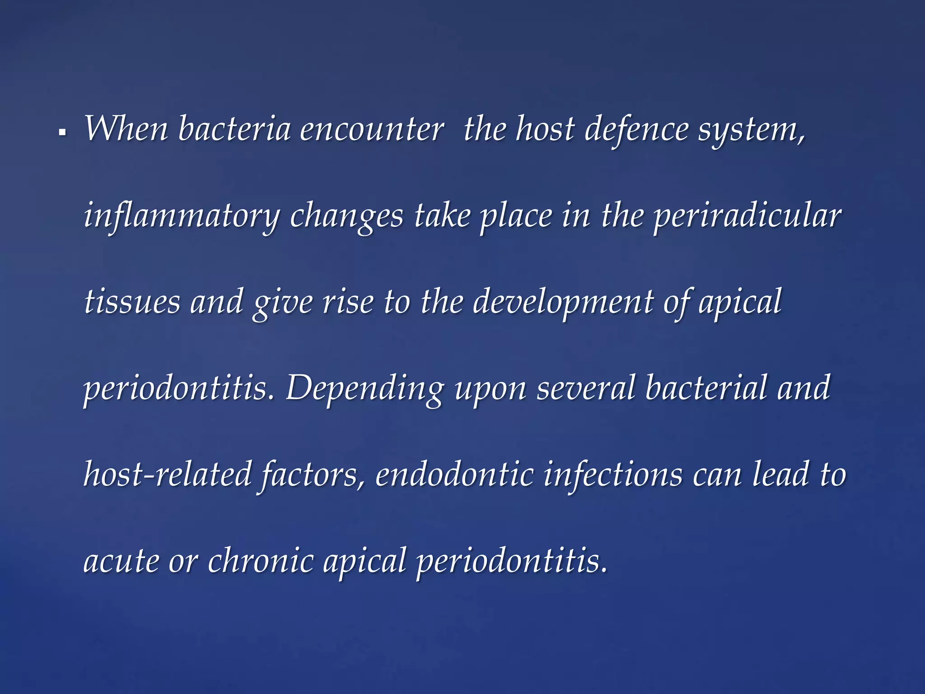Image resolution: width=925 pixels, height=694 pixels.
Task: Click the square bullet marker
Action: (x=62, y=133)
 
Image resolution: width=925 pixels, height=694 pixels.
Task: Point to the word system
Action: (x=751, y=131)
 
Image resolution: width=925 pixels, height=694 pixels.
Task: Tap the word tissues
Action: (x=132, y=302)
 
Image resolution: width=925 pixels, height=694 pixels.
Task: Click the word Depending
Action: (x=365, y=389)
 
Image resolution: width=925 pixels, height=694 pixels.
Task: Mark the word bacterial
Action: (x=706, y=388)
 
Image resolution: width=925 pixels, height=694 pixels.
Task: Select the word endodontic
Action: (x=454, y=474)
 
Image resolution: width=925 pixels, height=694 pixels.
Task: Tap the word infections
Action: (x=613, y=474)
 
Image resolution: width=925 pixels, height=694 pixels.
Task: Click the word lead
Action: (x=780, y=474)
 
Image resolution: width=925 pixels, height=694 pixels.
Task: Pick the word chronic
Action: (x=261, y=561)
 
